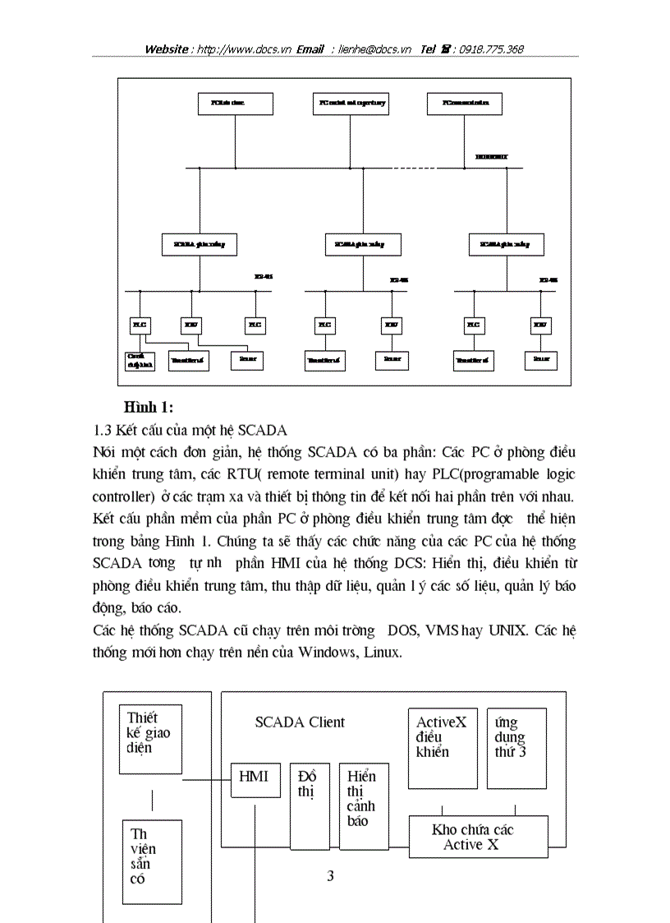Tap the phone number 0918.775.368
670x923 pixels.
(490, 49)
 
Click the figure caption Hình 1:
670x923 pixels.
(149, 407)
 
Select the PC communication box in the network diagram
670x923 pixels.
(464, 104)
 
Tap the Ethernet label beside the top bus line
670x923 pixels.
(491, 155)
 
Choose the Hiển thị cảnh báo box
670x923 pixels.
(364, 805)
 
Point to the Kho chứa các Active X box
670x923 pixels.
(479, 837)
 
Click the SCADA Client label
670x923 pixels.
(300, 722)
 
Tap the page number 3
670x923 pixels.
(330, 876)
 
